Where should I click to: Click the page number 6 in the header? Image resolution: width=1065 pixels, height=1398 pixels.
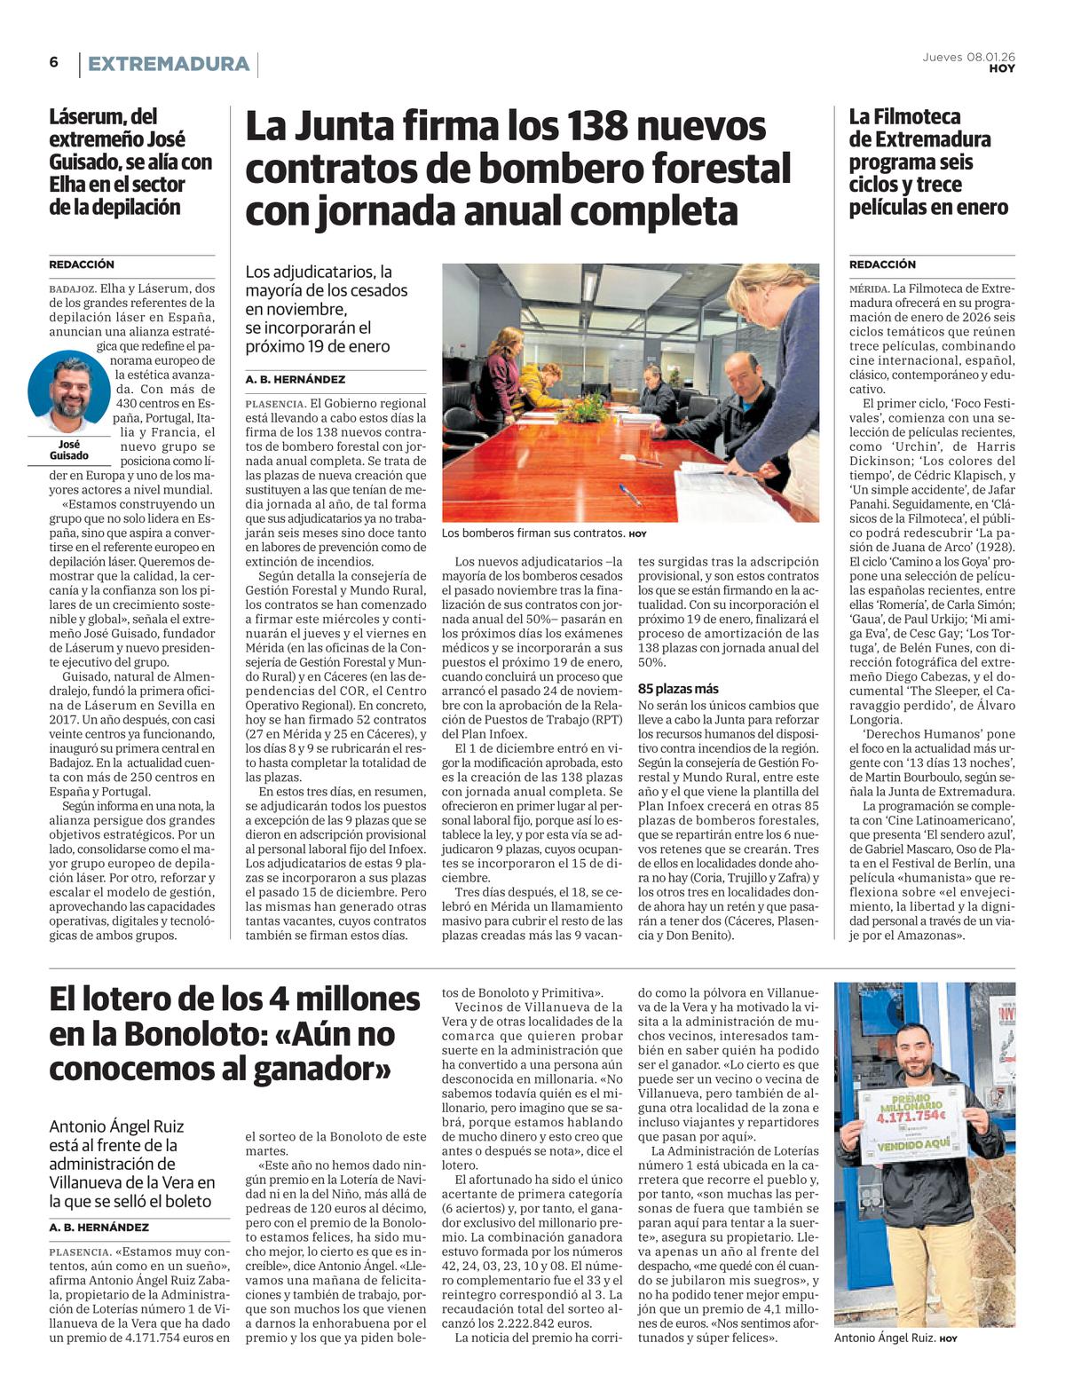point(54,62)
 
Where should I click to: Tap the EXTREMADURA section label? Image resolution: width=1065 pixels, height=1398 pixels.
point(168,64)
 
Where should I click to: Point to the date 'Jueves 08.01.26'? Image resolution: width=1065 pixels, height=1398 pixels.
point(968,57)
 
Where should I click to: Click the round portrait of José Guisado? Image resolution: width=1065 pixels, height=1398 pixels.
point(69,391)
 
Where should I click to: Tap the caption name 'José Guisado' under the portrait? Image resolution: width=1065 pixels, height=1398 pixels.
point(69,450)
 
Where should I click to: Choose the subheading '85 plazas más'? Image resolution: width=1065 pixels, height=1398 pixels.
point(678,689)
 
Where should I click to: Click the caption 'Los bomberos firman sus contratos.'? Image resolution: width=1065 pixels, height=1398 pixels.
point(532,533)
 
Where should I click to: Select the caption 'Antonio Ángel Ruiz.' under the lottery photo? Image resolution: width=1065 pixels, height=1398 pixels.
point(885,1339)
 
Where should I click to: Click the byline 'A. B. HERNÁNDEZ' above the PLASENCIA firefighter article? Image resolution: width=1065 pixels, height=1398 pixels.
point(296,379)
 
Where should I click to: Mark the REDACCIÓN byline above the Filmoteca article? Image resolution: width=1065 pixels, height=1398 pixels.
point(882,265)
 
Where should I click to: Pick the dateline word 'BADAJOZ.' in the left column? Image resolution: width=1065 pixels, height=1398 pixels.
point(73,288)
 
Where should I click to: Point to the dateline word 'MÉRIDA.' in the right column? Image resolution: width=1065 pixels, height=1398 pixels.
point(869,288)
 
